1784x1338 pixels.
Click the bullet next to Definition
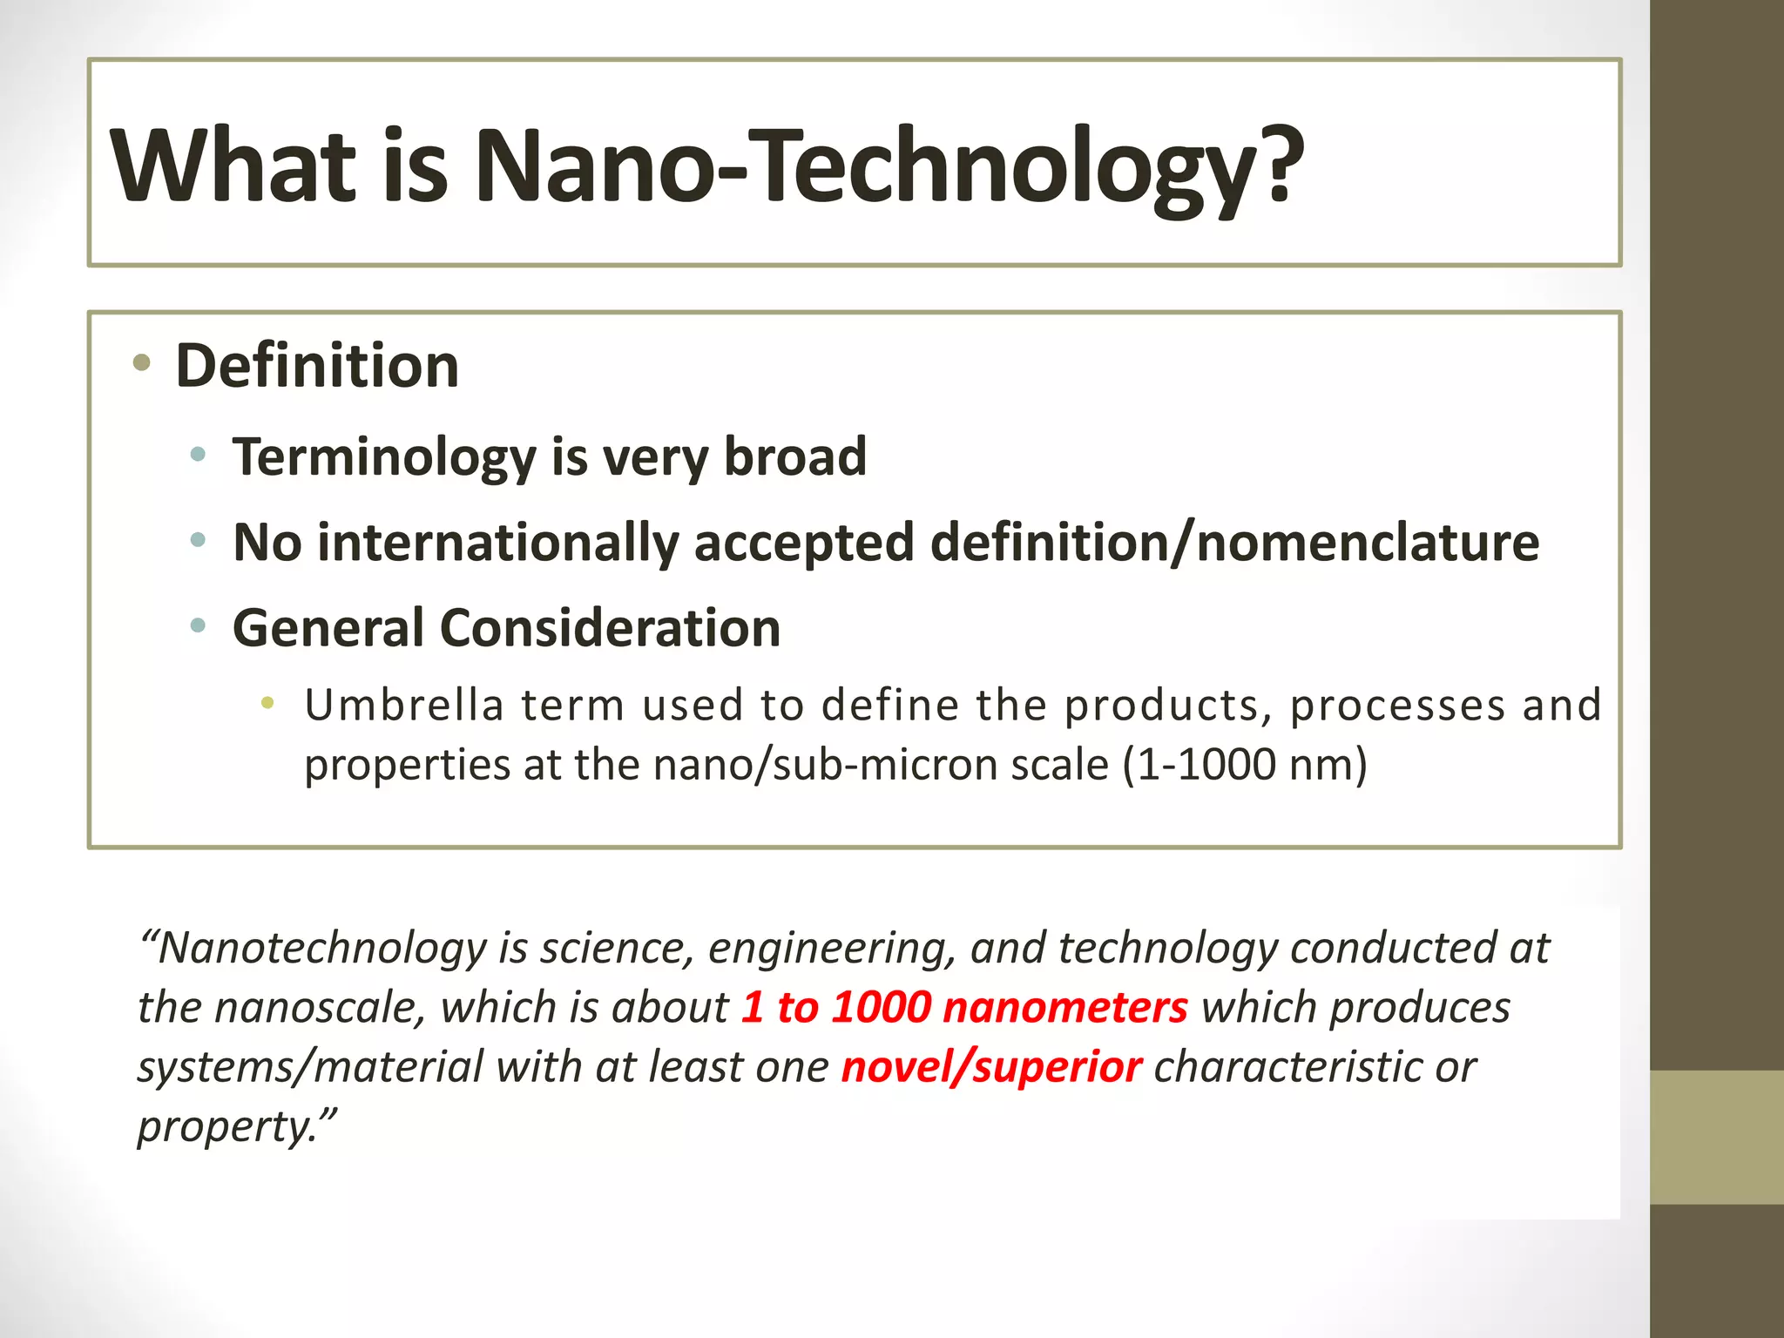(142, 362)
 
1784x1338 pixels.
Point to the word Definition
(317, 366)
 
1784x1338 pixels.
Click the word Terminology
(384, 457)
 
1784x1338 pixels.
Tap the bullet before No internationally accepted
(199, 540)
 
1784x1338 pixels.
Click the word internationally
(497, 543)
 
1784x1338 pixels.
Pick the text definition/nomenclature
(1234, 543)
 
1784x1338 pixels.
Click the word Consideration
(610, 628)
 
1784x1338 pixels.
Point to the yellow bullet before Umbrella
(267, 702)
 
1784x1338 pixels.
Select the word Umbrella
(404, 705)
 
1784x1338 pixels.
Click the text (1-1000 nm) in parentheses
(1245, 765)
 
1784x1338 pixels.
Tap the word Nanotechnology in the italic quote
(322, 948)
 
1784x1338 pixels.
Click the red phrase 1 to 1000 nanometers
(964, 1007)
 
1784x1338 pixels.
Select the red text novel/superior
(991, 1067)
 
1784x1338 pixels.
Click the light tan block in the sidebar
(1716, 1137)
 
